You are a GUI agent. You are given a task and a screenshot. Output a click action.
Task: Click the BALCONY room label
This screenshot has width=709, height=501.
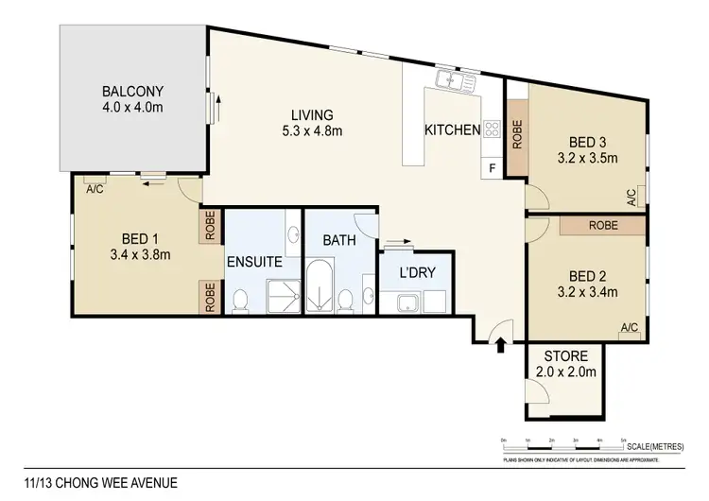pyautogui.click(x=132, y=92)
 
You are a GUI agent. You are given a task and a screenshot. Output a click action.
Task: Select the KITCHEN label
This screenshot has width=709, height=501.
pyautogui.click(x=452, y=130)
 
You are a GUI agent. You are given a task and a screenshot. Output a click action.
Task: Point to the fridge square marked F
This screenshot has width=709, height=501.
pyautogui.click(x=491, y=169)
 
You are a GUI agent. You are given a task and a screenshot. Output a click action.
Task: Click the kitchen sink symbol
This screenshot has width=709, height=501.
pyautogui.click(x=452, y=82)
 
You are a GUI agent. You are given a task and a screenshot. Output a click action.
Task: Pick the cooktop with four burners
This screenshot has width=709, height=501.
pyautogui.click(x=491, y=130)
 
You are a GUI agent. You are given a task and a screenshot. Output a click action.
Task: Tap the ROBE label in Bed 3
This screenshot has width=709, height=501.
pyautogui.click(x=516, y=133)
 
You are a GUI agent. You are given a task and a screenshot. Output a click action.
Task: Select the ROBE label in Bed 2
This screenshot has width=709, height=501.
pyautogui.click(x=602, y=227)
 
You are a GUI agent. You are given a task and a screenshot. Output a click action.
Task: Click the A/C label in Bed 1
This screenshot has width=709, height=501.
pyautogui.click(x=95, y=188)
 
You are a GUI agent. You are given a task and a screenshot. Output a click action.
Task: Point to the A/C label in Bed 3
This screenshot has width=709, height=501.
pyautogui.click(x=631, y=196)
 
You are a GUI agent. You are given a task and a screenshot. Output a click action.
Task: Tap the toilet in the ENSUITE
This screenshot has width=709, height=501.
pyautogui.click(x=239, y=301)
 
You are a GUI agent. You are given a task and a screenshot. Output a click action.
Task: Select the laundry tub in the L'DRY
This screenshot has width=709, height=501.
pyautogui.click(x=408, y=303)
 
